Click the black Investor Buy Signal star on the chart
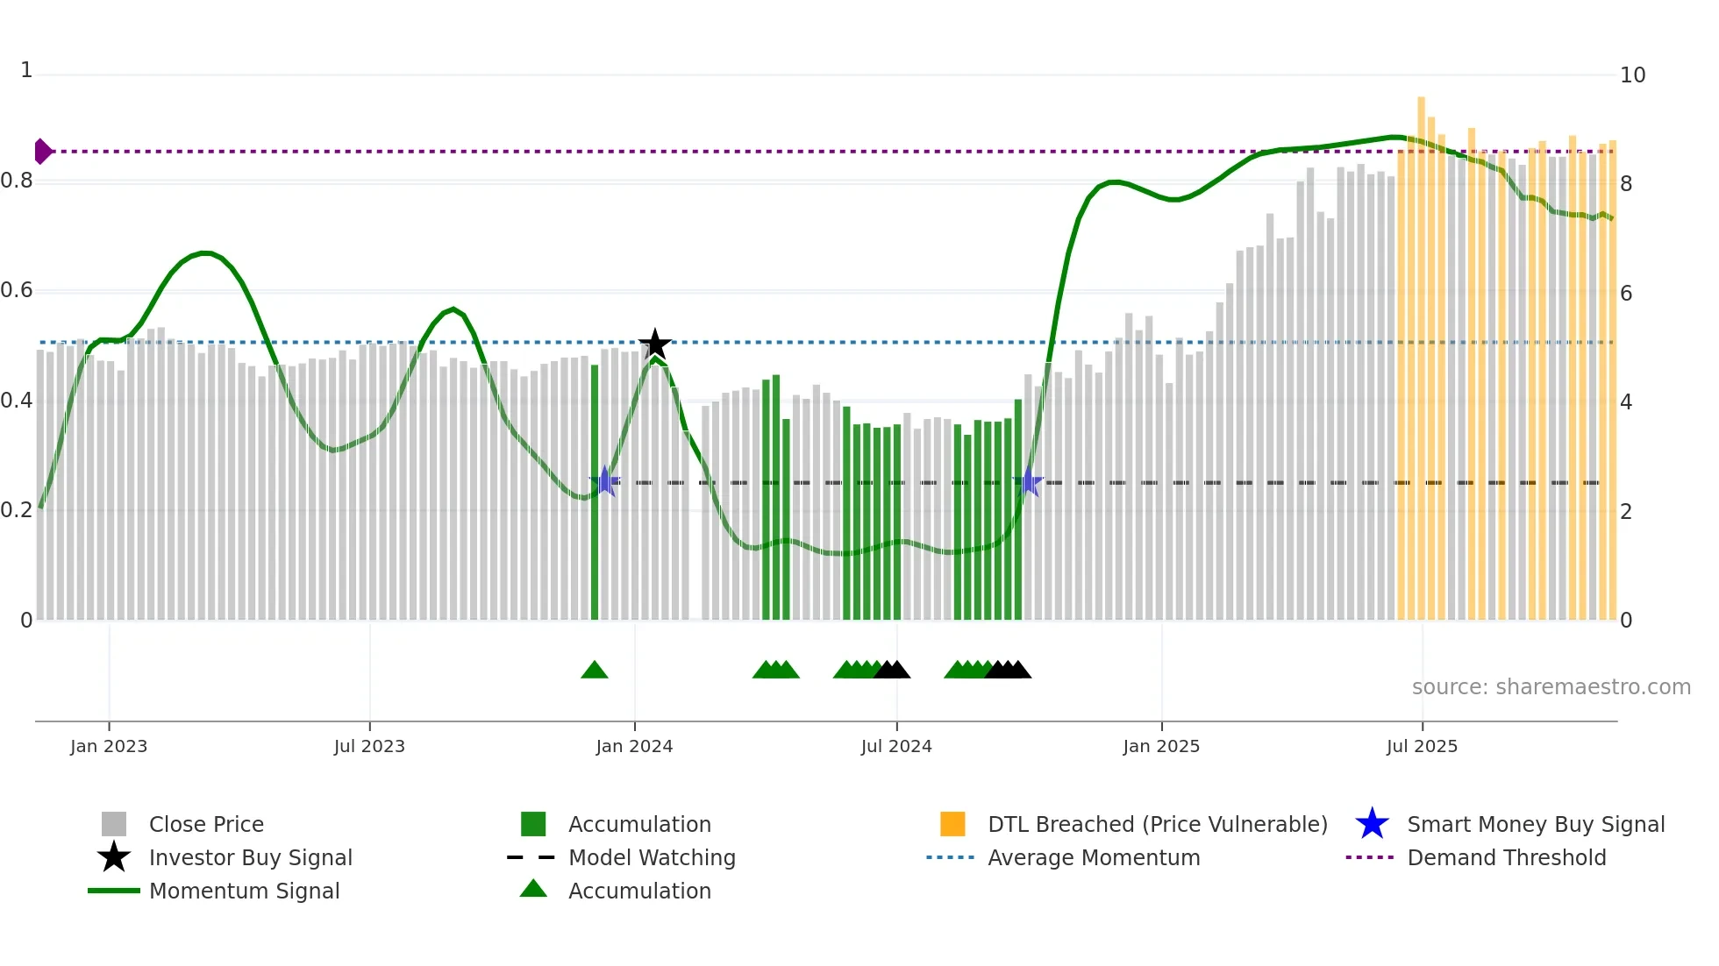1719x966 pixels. pos(654,344)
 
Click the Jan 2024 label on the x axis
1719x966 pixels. pos(634,747)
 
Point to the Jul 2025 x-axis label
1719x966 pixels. pos(1422,747)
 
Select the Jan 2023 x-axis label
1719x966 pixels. pos(109,747)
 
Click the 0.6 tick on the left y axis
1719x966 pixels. pos(17,290)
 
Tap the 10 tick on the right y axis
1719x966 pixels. pos(1632,75)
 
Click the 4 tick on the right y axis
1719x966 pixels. pos(1626,402)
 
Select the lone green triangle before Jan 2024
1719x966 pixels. pos(595,671)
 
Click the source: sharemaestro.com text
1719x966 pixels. pos(1551,687)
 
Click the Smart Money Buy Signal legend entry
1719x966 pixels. pos(1535,825)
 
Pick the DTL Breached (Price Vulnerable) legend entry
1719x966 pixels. pos(1157,825)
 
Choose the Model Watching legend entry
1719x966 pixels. pos(651,858)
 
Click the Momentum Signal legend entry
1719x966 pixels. pos(244,891)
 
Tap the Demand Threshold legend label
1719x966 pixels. pos(1506,858)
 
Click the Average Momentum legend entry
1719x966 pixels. pos(1093,858)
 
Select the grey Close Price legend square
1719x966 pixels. pos(114,825)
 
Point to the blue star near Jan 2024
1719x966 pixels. pos(604,482)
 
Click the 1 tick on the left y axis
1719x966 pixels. pos(26,70)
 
